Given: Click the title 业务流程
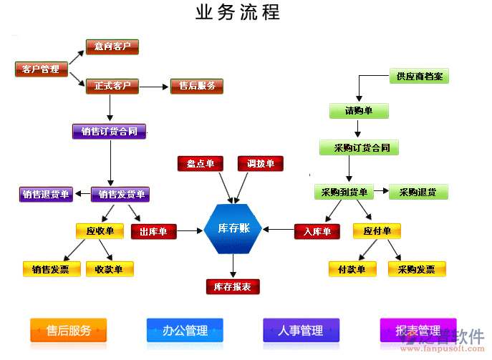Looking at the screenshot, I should click(237, 12).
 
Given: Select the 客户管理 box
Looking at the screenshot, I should click(41, 69).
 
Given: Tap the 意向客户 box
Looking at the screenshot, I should click(112, 47).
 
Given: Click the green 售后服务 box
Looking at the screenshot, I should click(197, 86).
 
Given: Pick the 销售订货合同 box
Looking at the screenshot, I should click(109, 132).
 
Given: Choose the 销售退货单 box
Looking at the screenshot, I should click(46, 194).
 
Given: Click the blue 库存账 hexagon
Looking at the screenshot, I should click(234, 229).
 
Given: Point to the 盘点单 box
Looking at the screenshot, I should click(201, 164).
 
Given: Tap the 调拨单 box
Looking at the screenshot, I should click(261, 164).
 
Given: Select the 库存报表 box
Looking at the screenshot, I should click(233, 287).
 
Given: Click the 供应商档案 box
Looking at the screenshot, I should click(419, 76).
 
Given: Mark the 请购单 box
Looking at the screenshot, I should click(359, 111).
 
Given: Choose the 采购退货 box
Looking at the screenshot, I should click(418, 192).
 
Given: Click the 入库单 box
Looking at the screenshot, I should click(317, 231).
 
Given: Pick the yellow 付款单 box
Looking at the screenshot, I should click(352, 269).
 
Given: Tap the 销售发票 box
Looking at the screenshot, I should click(51, 269).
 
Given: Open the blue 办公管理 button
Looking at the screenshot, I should click(185, 331).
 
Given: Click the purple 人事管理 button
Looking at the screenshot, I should click(301, 331).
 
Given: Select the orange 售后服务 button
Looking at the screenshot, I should click(69, 331).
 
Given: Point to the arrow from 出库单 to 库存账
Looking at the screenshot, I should click(190, 230).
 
